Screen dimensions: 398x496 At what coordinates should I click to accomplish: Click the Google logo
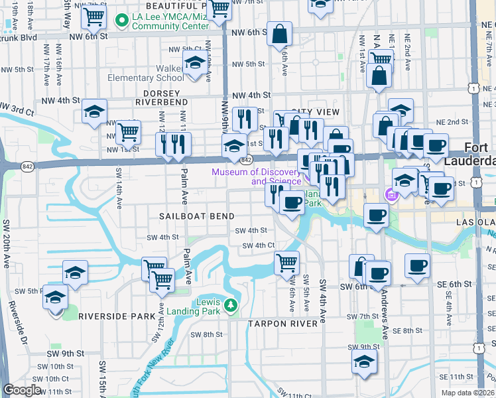tap(22, 390)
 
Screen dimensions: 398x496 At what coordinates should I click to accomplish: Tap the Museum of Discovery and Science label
tap(255, 176)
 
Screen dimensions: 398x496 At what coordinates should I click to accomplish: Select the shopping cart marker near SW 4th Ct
tap(286, 262)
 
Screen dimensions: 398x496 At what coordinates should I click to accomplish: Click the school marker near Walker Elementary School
tap(194, 64)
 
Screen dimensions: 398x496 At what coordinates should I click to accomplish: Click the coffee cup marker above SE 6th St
tap(417, 265)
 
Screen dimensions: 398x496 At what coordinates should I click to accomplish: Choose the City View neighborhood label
tap(315, 111)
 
